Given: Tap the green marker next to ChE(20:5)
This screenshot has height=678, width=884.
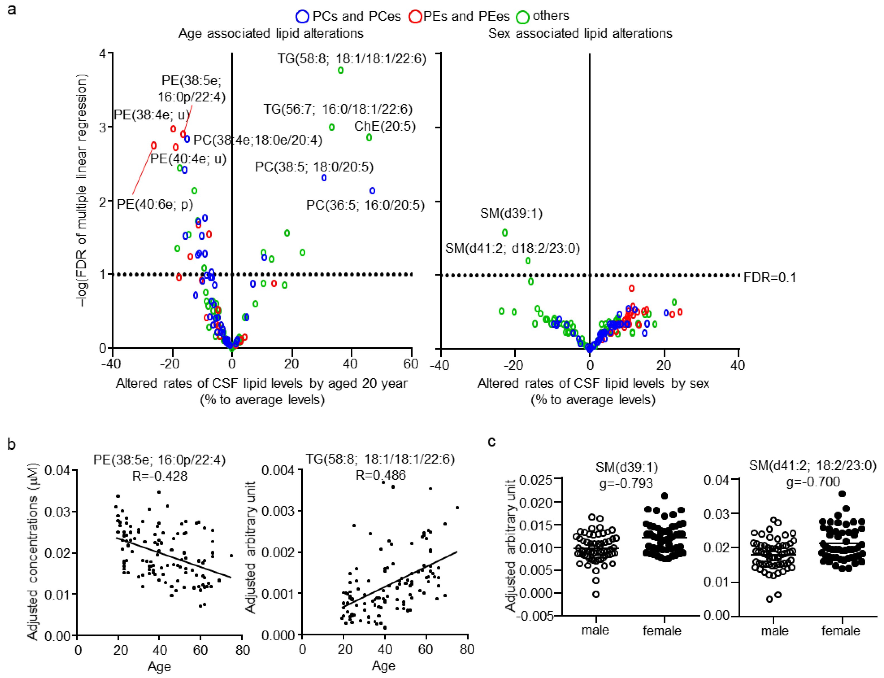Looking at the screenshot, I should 369,138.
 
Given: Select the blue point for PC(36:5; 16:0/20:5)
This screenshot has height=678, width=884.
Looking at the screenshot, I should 373,191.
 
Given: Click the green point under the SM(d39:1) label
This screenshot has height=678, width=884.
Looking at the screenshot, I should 505,232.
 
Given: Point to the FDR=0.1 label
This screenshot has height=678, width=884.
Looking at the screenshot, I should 769,278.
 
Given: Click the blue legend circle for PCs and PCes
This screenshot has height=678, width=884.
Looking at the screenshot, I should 302,16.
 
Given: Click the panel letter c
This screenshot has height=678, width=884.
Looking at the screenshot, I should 491,441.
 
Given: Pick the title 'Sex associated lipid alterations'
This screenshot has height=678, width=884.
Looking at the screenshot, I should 580,34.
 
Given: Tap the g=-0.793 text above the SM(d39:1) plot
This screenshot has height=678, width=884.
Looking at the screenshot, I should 626,483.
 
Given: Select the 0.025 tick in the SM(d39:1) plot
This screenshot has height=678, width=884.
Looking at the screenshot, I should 535,480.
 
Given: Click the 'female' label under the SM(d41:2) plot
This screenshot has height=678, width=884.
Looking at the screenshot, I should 840,631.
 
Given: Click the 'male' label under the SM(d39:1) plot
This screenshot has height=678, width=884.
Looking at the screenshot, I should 595,630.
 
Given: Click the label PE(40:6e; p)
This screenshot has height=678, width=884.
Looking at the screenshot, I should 155,204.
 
